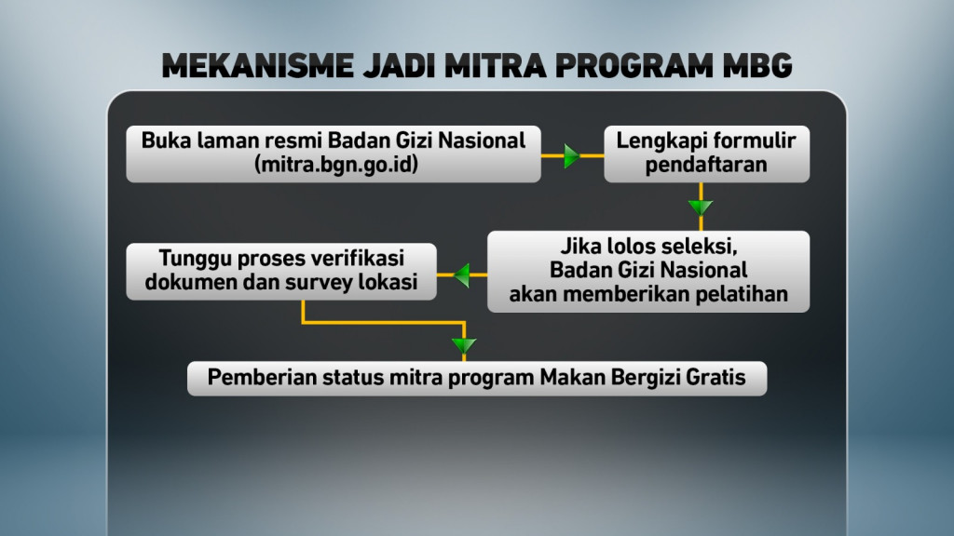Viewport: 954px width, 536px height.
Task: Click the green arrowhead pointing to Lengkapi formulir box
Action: click(573, 154)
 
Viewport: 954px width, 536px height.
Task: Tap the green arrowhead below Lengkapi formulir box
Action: click(700, 207)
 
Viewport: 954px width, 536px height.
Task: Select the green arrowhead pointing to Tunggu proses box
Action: click(463, 274)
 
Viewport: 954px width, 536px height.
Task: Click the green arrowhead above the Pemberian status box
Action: click(463, 346)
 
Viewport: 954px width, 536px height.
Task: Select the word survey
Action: click(320, 282)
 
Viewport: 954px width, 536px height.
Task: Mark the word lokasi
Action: click(387, 282)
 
